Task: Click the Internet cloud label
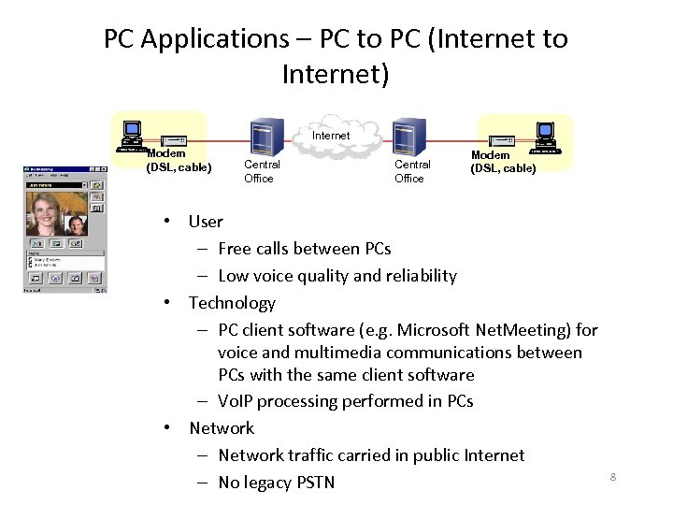coord(331,136)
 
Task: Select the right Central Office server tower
coord(406,137)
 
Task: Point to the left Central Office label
coord(261,171)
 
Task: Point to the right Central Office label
coord(411,171)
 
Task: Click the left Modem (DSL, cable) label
coord(179,161)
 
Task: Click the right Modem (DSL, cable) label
coord(503,162)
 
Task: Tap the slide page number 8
coord(613,478)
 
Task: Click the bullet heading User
coord(206,222)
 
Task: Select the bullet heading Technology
coord(232,303)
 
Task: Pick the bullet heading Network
coord(222,428)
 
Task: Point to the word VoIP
coord(239,401)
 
